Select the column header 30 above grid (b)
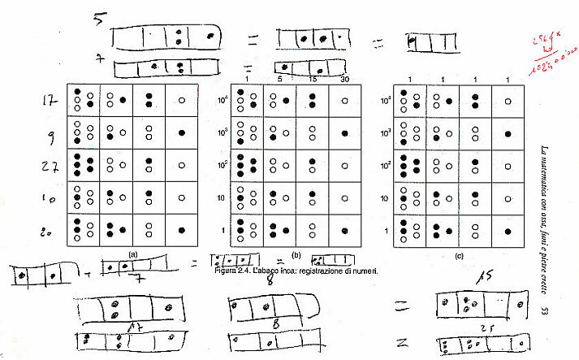point(344,79)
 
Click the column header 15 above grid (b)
point(312,79)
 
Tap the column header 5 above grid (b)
point(279,79)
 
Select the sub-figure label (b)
point(296,254)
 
